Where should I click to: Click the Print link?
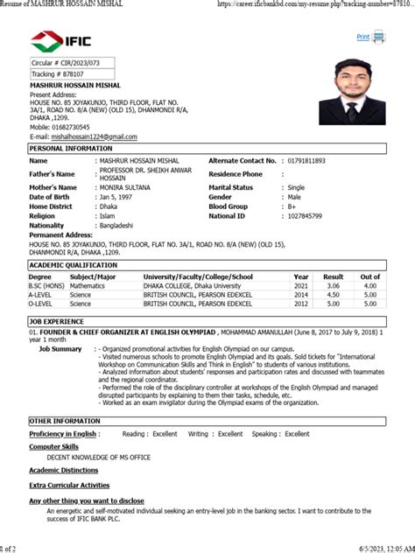[x=363, y=37]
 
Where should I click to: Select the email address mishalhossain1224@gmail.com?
[x=95, y=137]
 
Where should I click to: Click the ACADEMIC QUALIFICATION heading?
[x=74, y=264]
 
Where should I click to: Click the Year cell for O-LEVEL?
[x=301, y=304]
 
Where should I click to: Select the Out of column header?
[x=370, y=276]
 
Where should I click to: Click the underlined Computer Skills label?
[x=54, y=446]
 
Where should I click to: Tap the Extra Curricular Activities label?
[x=69, y=484]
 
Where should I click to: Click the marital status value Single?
[x=296, y=187]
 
